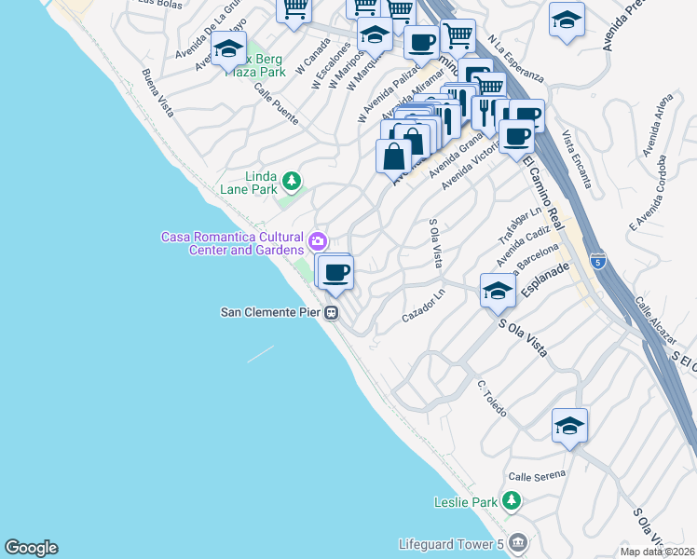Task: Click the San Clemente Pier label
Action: pyautogui.click(x=270, y=313)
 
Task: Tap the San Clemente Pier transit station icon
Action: pyautogui.click(x=331, y=314)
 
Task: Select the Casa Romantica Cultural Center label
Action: pyautogui.click(x=232, y=243)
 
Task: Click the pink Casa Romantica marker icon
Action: pyautogui.click(x=319, y=242)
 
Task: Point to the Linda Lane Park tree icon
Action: pyautogui.click(x=292, y=180)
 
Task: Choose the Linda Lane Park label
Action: pyautogui.click(x=261, y=183)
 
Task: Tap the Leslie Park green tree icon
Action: pyautogui.click(x=511, y=502)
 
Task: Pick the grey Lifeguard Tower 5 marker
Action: pyautogui.click(x=519, y=541)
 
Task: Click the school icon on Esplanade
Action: pyautogui.click(x=498, y=292)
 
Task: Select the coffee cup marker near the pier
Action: pyautogui.click(x=335, y=272)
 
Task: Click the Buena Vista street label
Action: pyautogui.click(x=157, y=92)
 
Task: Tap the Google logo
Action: pyautogui.click(x=31, y=548)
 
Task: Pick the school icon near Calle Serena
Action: pyautogui.click(x=569, y=425)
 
